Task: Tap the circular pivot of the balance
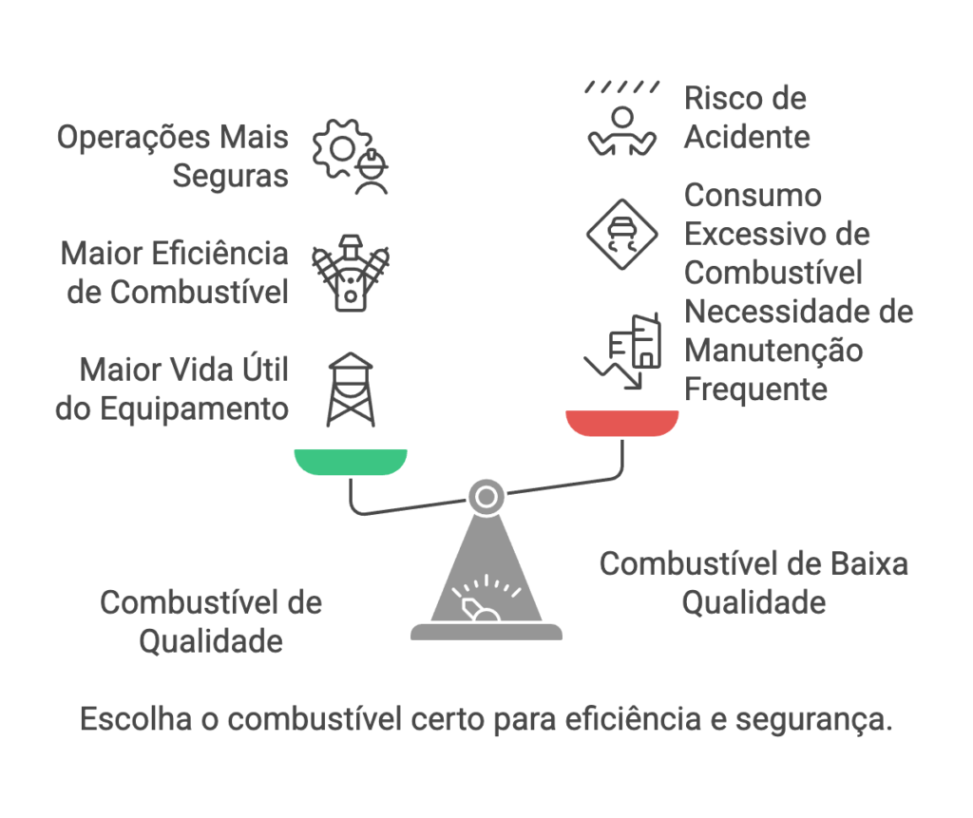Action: (486, 495)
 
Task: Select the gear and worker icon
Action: (352, 157)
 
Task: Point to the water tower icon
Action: (351, 389)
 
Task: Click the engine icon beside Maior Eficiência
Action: (351, 273)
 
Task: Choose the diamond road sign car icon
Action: (622, 235)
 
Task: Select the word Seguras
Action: (230, 176)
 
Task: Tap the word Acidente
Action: (747, 137)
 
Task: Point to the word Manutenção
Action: (773, 350)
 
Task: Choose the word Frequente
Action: (755, 389)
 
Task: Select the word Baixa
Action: (866, 563)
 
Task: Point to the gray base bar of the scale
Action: (486, 632)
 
